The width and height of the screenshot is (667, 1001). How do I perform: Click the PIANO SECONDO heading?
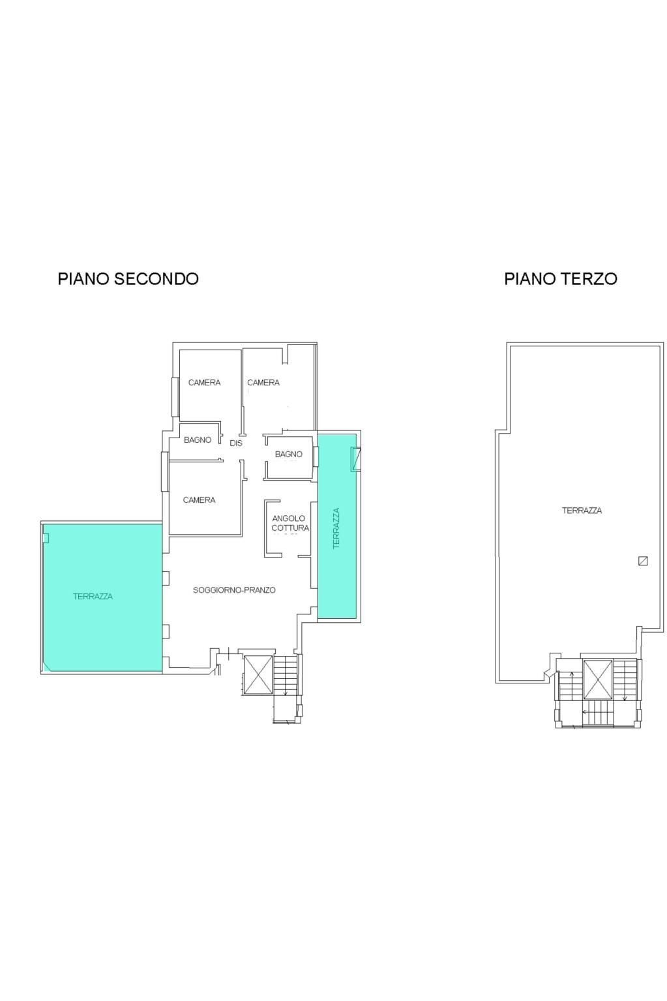click(x=128, y=278)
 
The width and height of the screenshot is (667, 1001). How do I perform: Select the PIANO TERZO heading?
click(x=560, y=278)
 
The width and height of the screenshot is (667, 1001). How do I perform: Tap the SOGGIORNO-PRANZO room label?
click(x=234, y=590)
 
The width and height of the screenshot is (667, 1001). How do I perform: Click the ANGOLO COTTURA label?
click(x=290, y=523)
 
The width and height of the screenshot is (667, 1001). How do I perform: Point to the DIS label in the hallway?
click(x=236, y=443)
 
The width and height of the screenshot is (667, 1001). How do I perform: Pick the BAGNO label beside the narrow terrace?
click(x=288, y=454)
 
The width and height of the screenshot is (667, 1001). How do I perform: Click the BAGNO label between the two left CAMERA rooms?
click(x=197, y=440)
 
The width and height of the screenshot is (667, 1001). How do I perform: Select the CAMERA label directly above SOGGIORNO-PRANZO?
click(x=199, y=500)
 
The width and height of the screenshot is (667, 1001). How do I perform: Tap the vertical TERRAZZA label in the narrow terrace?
click(x=336, y=528)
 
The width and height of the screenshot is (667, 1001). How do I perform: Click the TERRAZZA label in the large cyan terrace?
click(x=93, y=596)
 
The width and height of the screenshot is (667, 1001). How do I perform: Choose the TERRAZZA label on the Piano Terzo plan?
click(x=582, y=511)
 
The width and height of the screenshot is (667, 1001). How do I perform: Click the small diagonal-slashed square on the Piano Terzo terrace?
click(x=643, y=561)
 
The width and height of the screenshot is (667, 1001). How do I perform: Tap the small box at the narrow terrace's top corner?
click(x=355, y=458)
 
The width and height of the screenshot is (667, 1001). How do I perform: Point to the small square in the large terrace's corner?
click(x=46, y=537)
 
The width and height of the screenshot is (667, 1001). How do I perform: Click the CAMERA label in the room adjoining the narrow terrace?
click(x=263, y=383)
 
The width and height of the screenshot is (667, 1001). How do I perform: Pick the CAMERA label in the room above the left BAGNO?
click(x=204, y=383)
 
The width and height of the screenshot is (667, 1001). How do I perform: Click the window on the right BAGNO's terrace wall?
click(x=316, y=456)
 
